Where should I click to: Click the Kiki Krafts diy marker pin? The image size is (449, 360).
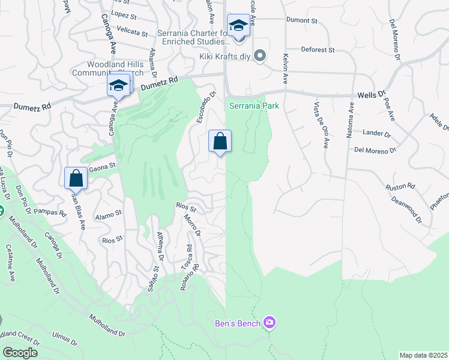coord(260,56)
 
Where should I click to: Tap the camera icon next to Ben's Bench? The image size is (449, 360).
coord(270,323)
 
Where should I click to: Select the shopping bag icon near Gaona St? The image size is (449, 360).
coord(76,178)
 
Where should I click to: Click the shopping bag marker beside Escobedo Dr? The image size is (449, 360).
coord(220,142)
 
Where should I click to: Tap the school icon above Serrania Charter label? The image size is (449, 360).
coord(238,26)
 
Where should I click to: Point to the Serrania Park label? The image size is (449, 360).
coord(255,106)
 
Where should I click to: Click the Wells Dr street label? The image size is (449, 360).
coord(371,95)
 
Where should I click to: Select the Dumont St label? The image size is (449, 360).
coord(302,20)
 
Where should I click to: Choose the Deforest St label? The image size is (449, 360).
coord(318,50)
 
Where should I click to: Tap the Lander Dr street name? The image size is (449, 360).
coord(377,133)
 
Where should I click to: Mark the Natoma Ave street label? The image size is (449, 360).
coord(351,121)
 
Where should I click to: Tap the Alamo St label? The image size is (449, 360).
coord(109,212)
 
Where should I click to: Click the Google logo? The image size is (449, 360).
coord(20,353)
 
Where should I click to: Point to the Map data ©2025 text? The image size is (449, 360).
coord(423,355)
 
